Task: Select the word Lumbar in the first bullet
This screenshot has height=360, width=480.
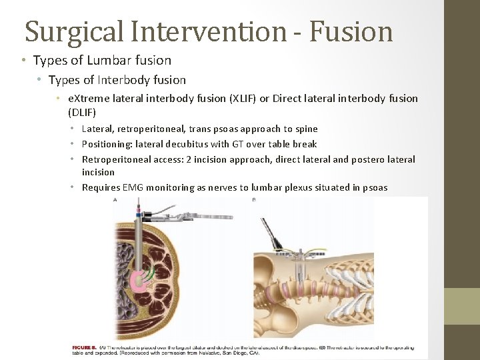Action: [105, 61]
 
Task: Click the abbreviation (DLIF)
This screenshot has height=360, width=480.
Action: [82, 112]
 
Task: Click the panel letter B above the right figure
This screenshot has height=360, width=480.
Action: [255, 199]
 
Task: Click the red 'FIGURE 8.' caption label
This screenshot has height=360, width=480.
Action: [85, 348]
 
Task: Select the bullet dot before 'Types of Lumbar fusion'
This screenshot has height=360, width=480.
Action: [23, 61]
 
